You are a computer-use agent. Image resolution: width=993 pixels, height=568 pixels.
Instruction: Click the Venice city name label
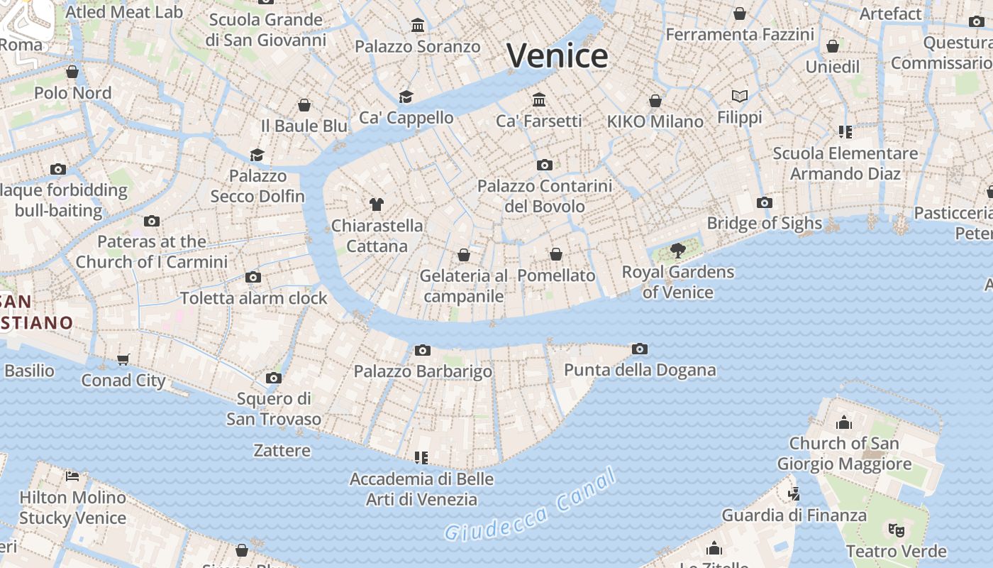(557, 55)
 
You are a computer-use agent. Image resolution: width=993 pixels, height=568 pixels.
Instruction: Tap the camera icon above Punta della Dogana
(639, 349)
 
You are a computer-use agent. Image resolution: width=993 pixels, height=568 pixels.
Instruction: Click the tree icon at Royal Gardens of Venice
(677, 250)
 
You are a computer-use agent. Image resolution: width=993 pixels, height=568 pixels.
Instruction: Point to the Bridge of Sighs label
(764, 223)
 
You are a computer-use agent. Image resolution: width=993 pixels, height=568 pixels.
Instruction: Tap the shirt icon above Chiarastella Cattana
(377, 204)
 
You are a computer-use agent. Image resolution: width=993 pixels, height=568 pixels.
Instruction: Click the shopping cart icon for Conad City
(123, 359)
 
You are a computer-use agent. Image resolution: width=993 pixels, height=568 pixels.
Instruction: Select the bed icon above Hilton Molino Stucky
(72, 476)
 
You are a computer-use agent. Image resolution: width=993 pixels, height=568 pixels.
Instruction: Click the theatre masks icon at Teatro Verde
(897, 530)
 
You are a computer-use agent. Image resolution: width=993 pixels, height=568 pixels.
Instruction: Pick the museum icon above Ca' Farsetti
(539, 99)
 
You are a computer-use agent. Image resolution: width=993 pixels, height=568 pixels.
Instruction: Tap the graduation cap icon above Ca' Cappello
(406, 97)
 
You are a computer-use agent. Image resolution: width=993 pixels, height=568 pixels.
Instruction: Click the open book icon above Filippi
(740, 96)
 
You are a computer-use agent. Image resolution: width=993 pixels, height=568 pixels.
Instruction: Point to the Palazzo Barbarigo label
(423, 371)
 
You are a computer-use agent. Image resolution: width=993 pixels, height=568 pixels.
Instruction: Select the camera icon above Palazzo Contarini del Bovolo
(544, 165)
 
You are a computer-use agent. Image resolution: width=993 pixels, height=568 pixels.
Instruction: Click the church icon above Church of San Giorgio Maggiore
(844, 422)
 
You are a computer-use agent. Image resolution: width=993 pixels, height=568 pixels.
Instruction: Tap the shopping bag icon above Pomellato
(556, 254)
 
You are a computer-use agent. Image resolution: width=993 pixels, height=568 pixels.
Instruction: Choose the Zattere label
(282, 450)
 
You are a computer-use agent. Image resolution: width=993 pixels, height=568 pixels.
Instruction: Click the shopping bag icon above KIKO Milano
(655, 101)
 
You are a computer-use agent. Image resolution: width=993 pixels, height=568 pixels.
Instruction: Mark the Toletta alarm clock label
(253, 297)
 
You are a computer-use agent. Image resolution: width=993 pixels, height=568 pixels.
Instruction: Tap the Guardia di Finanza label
(794, 515)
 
